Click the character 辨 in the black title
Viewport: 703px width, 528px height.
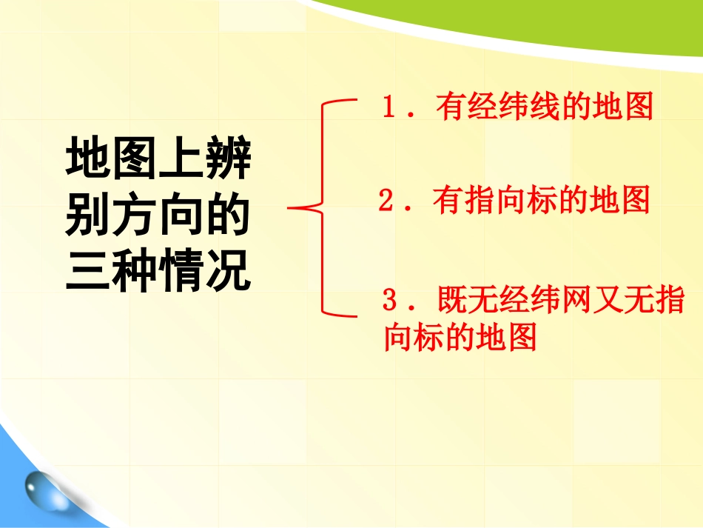click(229, 159)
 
